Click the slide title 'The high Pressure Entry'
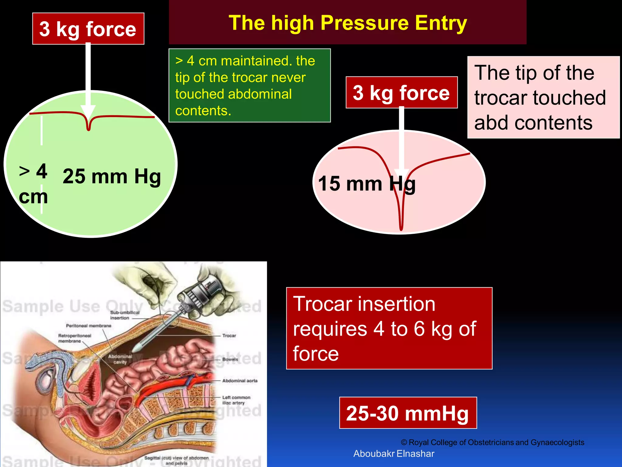348,23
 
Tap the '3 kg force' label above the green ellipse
88,29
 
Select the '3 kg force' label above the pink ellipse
402,93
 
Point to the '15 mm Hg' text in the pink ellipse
367,184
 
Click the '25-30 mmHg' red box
408,413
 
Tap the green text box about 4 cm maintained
249,85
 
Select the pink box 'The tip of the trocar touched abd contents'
543,97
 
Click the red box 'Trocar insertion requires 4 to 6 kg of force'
389,328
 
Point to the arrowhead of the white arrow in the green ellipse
88,112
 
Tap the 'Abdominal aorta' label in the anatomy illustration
240,381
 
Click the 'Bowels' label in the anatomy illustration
230,359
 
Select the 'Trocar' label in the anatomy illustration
229,336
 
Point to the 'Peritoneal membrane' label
89,326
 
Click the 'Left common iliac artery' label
236,400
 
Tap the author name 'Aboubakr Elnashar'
394,454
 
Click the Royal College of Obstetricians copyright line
492,442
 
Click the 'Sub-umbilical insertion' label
125,315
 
